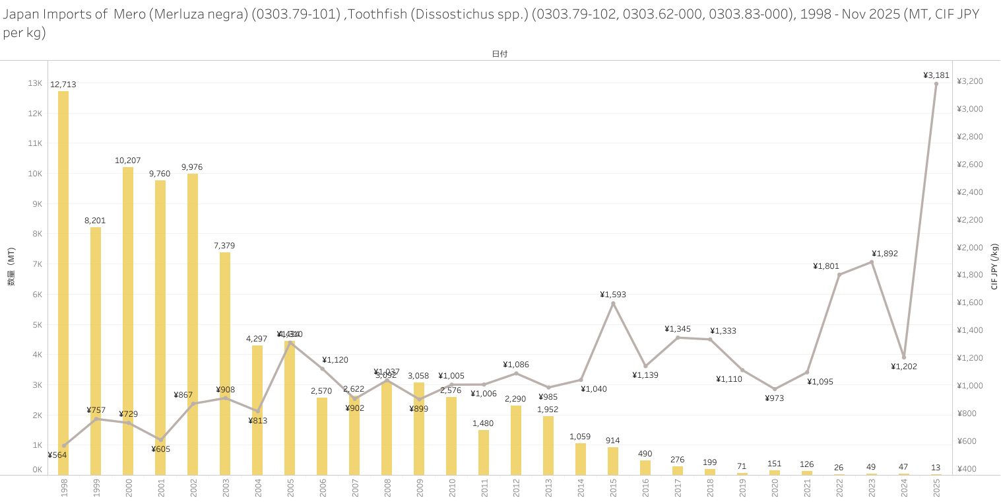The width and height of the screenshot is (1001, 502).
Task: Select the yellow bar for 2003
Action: click(x=225, y=363)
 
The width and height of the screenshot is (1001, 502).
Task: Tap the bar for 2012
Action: click(x=516, y=440)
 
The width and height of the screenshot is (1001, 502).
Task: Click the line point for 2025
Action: click(x=936, y=84)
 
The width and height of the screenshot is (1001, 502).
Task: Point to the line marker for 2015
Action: click(x=613, y=303)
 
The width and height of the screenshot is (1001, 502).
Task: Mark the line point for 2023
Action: click(x=871, y=262)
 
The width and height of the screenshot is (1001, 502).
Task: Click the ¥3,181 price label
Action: click(x=936, y=75)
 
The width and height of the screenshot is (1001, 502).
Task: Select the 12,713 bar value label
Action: click(x=63, y=84)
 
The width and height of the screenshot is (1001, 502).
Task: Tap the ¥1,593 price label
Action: click(x=613, y=295)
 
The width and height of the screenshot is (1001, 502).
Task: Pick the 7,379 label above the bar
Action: click(x=224, y=246)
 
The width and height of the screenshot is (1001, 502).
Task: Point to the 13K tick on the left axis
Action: click(x=34, y=83)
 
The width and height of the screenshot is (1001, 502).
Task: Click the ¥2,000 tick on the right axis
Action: click(x=970, y=247)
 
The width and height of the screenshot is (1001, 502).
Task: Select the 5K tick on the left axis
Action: click(x=37, y=325)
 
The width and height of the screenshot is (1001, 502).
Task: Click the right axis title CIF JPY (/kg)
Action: click(x=994, y=267)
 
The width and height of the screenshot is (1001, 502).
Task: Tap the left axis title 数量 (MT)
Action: click(x=11, y=267)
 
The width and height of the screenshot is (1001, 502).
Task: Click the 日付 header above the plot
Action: click(x=500, y=54)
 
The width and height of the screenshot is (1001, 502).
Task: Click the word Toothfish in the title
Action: click(x=373, y=14)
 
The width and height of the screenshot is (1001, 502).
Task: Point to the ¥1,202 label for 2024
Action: click(x=903, y=367)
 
